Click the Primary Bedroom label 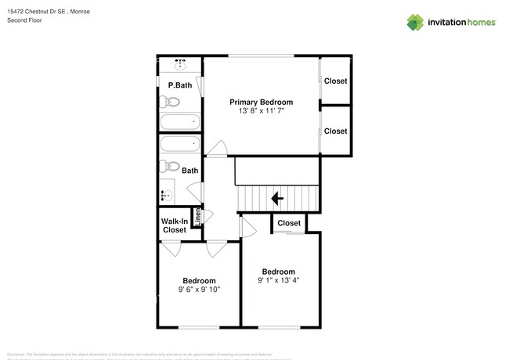pos(261,102)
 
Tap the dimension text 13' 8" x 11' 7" pos(261,111)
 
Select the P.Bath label pos(179,85)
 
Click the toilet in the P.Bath pos(170,102)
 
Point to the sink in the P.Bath pos(180,63)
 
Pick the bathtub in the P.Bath pos(179,123)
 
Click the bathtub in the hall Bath pos(179,144)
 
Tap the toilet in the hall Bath pos(168,166)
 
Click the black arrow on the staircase pos(276,199)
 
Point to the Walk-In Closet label pos(174,226)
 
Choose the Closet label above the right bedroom pos(289,223)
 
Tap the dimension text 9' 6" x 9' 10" pos(199,290)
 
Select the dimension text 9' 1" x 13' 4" pos(278,280)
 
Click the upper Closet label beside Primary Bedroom pos(335,81)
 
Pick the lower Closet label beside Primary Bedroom pos(335,131)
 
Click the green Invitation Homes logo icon pos(415,23)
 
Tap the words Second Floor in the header pos(23,21)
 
